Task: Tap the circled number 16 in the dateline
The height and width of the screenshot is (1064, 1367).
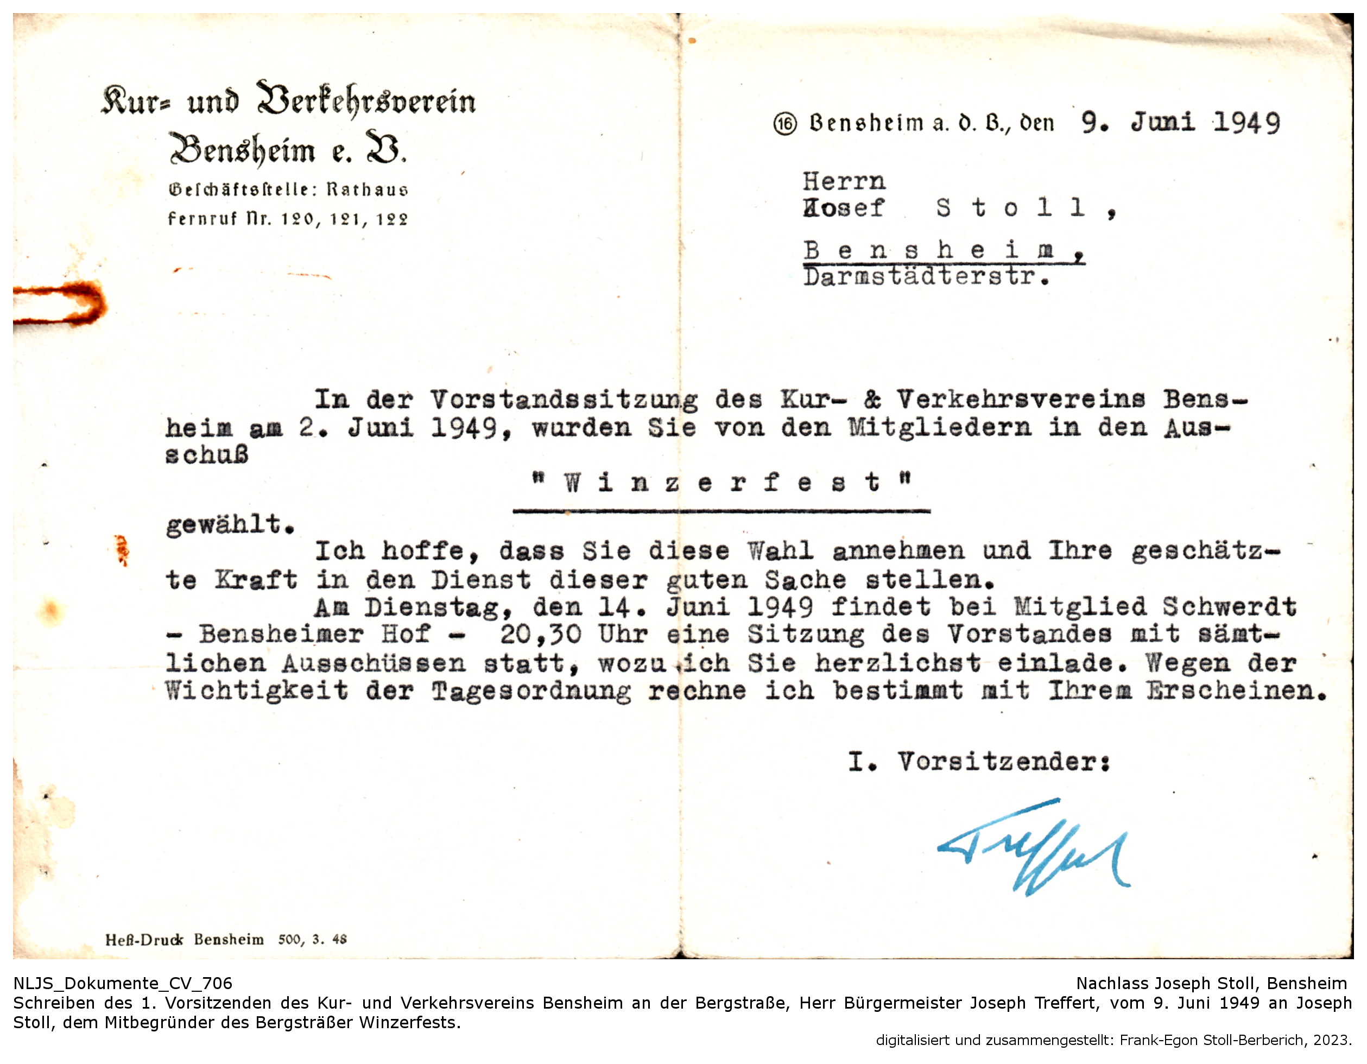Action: pos(785,124)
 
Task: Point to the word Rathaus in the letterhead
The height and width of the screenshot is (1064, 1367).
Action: pos(368,189)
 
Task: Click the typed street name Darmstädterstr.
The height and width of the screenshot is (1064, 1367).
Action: pos(926,276)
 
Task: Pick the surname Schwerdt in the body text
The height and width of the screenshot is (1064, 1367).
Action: pos(1229,606)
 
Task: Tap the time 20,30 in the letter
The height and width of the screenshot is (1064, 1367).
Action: pos(540,634)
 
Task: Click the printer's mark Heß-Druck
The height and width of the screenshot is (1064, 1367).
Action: pos(144,940)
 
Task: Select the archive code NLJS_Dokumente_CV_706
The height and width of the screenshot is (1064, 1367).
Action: pos(123,983)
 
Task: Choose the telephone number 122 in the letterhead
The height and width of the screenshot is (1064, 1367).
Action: pos(392,219)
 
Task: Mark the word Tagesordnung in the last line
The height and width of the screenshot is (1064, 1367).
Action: pos(531,691)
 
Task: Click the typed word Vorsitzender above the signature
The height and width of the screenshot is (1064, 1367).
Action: pos(1003,762)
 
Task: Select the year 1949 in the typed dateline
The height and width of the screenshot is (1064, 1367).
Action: pos(1247,123)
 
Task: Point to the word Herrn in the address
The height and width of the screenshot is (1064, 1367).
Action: pos(844,181)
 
